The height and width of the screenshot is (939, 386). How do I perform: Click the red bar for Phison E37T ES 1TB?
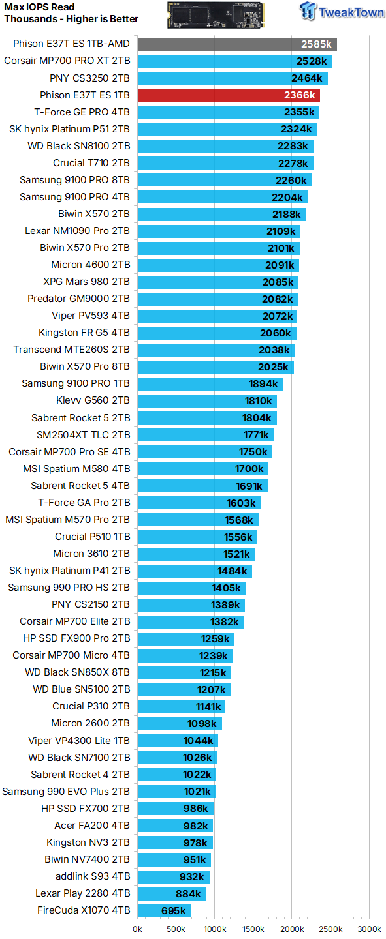(229, 95)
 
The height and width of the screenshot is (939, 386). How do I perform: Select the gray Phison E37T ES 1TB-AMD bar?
(237, 44)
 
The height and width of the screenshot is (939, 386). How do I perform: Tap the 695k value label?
(174, 911)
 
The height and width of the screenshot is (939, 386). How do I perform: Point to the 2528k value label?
(312, 61)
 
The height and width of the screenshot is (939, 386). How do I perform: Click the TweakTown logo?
(342, 11)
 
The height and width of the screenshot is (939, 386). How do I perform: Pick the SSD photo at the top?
(216, 15)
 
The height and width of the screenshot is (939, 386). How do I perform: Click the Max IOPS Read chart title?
(39, 7)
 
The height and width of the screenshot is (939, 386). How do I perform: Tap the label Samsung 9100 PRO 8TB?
(74, 180)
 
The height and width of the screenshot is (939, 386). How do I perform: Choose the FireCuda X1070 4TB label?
(84, 910)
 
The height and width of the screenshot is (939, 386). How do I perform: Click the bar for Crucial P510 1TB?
(197, 537)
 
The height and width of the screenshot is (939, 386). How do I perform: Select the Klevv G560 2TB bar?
(207, 401)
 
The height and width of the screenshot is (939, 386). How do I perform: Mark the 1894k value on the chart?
(263, 384)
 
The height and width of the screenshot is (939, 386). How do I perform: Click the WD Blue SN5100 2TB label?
(82, 689)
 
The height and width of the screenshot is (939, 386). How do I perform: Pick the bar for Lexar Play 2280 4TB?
(171, 894)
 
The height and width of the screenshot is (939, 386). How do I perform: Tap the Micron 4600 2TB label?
(91, 265)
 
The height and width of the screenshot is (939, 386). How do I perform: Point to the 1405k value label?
(226, 588)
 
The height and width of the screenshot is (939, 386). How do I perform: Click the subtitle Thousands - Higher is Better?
(71, 19)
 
